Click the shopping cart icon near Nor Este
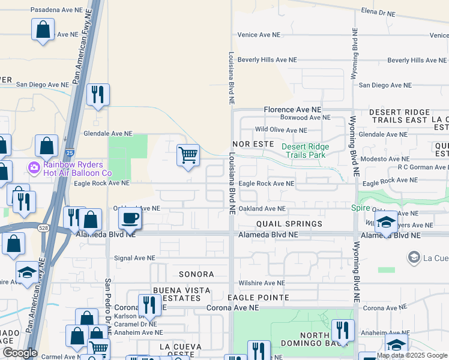(188, 155)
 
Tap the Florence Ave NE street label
(293, 110)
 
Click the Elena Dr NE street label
(379, 12)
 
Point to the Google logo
(20, 353)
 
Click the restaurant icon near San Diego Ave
(98, 94)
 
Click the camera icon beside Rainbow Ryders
(33, 166)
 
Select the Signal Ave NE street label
(136, 258)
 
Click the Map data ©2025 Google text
(411, 355)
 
